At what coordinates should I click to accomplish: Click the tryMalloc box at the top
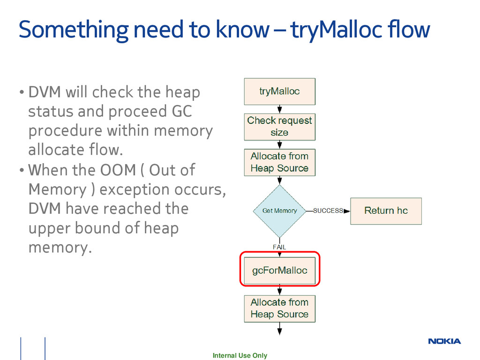coord(279,91)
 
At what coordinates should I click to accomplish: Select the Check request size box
coord(279,127)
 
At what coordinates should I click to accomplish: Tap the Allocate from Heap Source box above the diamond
coord(279,162)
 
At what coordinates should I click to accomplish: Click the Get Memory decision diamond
coord(279,211)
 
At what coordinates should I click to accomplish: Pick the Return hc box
coord(386,210)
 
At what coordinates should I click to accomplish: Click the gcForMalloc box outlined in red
coord(280,270)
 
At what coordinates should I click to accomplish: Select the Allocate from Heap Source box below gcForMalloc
coord(279,308)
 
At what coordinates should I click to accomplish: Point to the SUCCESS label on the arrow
coord(328,211)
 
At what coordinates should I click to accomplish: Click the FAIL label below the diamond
coord(279,247)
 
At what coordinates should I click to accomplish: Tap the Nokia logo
coord(444,341)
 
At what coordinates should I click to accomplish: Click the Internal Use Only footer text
coord(240,355)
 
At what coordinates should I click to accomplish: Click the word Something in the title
coord(73,30)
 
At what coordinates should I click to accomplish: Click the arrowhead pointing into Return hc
coord(347,211)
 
